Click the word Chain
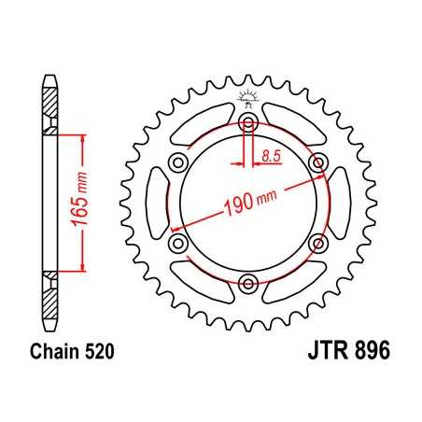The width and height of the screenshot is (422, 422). click(52, 356)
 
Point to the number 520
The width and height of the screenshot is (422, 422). click(101, 356)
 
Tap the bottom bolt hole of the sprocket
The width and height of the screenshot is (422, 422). click(248, 283)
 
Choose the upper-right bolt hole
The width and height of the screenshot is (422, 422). click(318, 162)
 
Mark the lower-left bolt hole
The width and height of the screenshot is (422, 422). click(178, 243)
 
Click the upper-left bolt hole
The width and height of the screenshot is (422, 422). click(178, 162)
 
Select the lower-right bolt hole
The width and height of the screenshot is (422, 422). click(318, 243)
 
